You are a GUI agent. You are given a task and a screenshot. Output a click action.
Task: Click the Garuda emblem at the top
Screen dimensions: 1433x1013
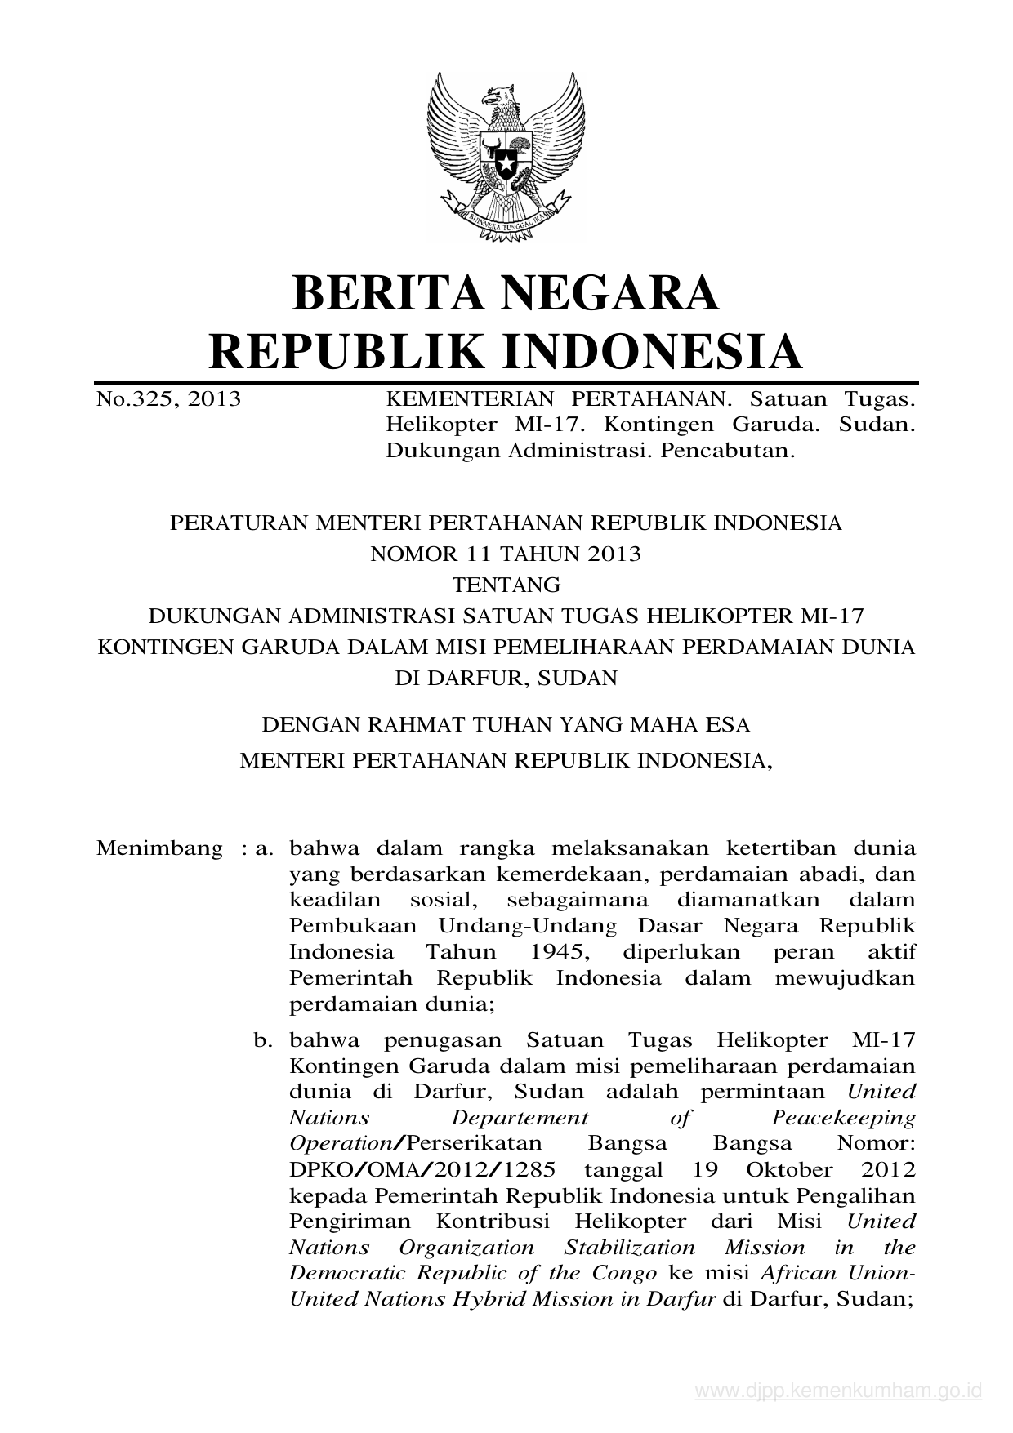point(506,155)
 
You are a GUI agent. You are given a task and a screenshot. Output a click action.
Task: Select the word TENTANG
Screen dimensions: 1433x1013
point(506,585)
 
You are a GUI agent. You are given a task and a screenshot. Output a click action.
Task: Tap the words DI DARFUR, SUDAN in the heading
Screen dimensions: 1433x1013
point(506,678)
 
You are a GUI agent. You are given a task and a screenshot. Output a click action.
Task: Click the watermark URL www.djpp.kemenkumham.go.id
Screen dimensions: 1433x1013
point(837,1391)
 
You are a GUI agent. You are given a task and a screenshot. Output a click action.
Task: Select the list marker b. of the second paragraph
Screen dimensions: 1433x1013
point(261,1041)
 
